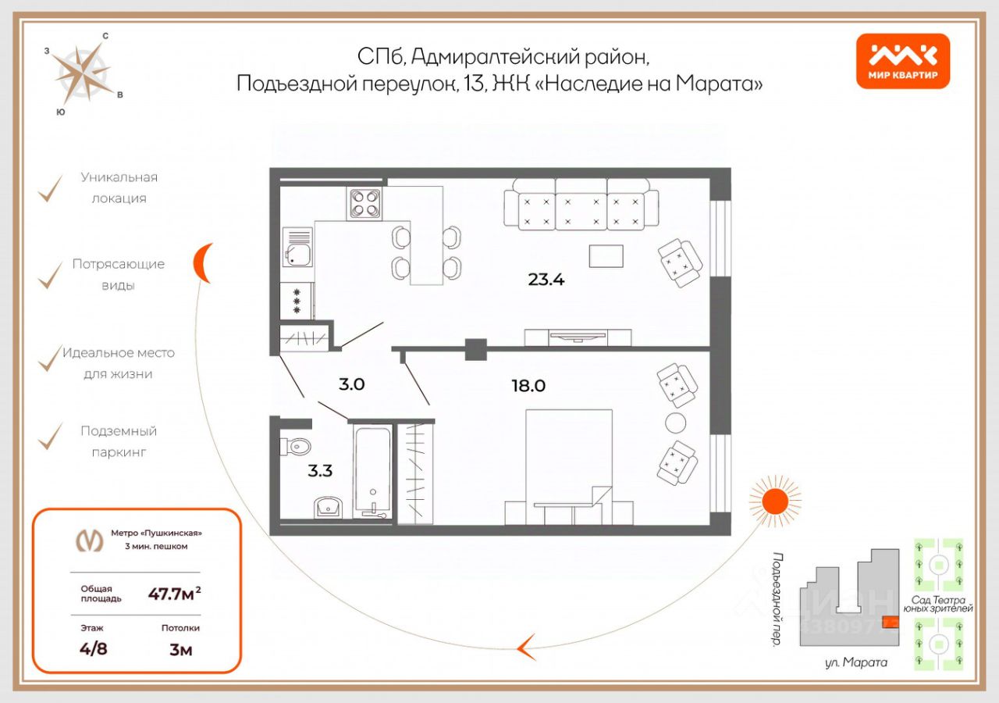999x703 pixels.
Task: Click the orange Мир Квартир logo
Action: tap(903, 61)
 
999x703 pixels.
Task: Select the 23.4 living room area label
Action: tap(546, 279)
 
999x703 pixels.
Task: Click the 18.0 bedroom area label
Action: tap(528, 385)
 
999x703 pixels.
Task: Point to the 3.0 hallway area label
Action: tap(352, 384)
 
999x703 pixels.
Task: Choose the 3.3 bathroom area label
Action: tap(319, 470)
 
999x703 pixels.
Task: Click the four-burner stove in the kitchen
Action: tap(365, 203)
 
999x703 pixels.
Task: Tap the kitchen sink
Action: tap(297, 253)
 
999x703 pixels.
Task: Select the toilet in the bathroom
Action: tap(297, 447)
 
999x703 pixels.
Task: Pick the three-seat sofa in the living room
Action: tap(576, 203)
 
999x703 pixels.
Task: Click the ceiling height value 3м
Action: tap(180, 648)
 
